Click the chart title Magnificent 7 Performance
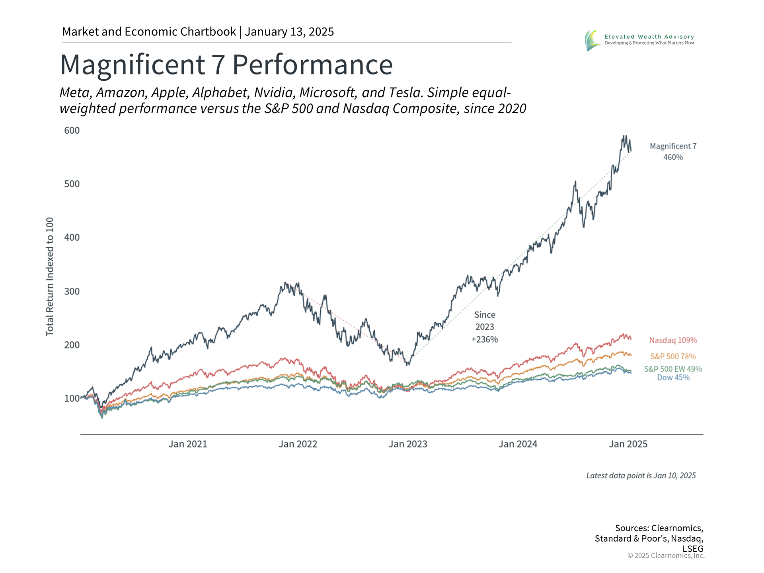(x=226, y=64)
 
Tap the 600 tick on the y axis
(x=72, y=131)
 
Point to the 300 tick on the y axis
(x=72, y=291)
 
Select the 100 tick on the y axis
(x=72, y=398)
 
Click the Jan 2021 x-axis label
(x=188, y=444)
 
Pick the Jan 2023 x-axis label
(x=408, y=444)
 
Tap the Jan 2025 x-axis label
(x=628, y=444)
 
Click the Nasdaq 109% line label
(x=673, y=340)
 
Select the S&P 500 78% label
(x=673, y=357)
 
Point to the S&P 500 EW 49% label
(x=673, y=369)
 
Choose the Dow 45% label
(x=673, y=378)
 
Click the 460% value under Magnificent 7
(x=673, y=157)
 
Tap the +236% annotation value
(x=485, y=339)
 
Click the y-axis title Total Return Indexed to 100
(x=50, y=277)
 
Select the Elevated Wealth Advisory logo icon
(x=592, y=40)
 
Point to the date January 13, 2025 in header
(x=289, y=32)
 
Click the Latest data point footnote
(x=641, y=476)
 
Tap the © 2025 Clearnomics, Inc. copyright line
(x=666, y=555)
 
